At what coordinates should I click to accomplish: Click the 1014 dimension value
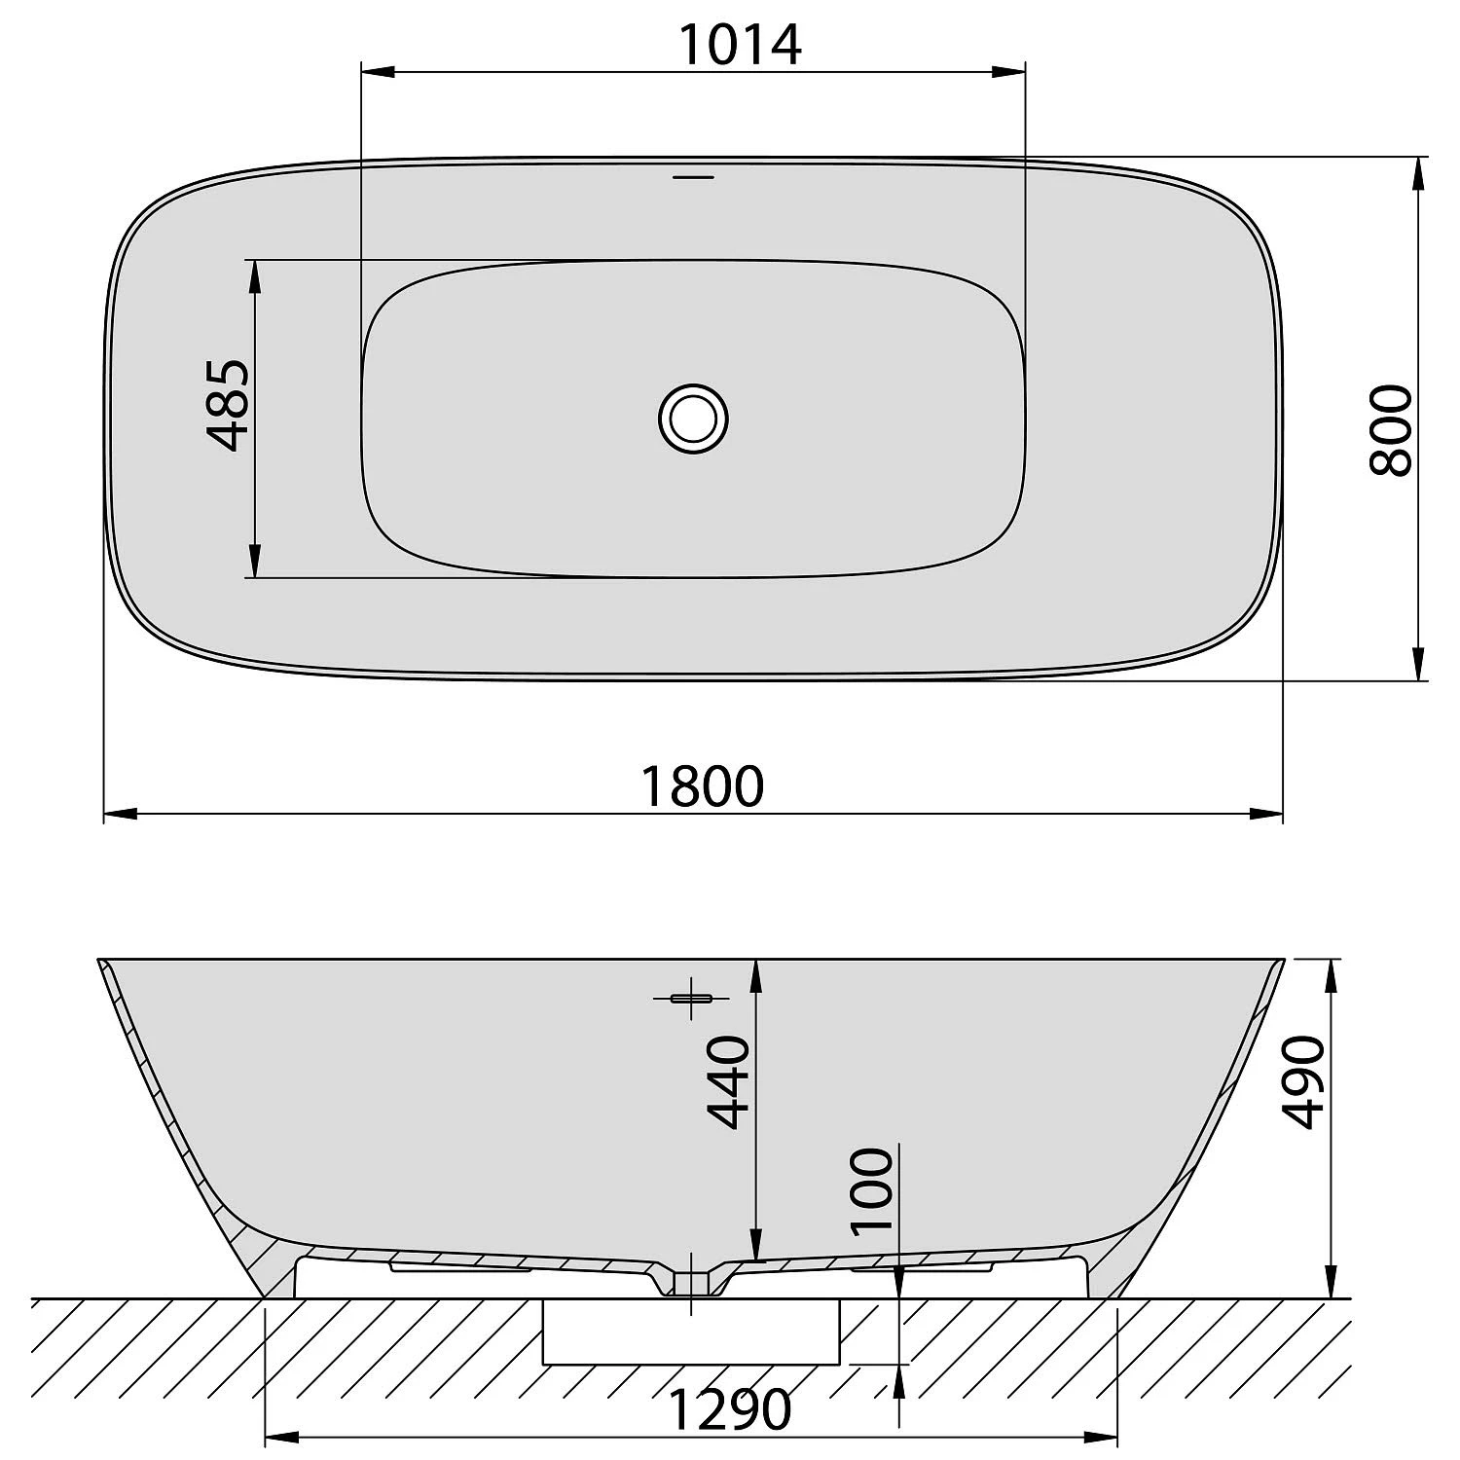pos(740,45)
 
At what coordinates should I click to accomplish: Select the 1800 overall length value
pos(703,786)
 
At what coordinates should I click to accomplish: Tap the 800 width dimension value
pos(1390,429)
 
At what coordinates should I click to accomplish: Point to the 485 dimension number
pos(230,405)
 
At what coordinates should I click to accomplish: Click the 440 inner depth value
pos(729,1081)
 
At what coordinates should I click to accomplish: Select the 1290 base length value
pos(730,1408)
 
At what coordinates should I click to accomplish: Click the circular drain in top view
pos(693,419)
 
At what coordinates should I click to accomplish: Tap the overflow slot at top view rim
pos(694,177)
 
